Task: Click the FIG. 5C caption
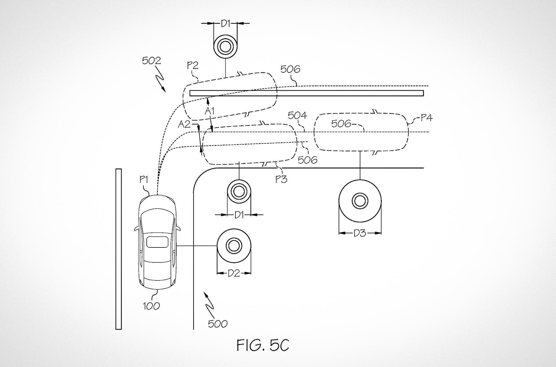point(262,345)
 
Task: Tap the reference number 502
point(151,61)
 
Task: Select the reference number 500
point(217,324)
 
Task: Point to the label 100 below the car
point(151,306)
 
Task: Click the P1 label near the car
point(144,180)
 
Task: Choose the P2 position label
point(193,65)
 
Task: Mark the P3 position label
point(281,179)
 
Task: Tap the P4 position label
point(426,118)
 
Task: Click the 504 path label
point(297,115)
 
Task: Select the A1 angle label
point(209,111)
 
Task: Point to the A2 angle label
point(184,124)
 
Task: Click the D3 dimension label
point(360,233)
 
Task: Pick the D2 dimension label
point(234,273)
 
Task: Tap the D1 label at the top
point(225,23)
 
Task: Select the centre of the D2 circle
point(234,246)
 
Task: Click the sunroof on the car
point(157,242)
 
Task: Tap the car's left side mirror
point(136,228)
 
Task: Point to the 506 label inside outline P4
point(341,124)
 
